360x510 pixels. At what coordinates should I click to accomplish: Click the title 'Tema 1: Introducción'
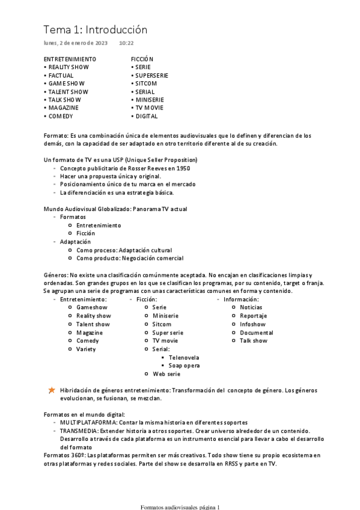(x=95, y=29)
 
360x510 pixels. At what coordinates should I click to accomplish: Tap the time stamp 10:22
(x=126, y=43)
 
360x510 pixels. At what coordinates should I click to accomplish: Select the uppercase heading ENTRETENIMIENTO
(x=70, y=59)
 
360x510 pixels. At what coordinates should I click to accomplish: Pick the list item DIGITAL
(x=147, y=116)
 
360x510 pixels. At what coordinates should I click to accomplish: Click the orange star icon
(x=52, y=390)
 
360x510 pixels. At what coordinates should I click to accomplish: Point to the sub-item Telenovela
(x=185, y=357)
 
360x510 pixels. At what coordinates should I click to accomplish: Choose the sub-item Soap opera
(x=185, y=366)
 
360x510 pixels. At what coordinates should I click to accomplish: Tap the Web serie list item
(x=166, y=374)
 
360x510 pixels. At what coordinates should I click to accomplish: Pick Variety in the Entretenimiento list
(x=86, y=349)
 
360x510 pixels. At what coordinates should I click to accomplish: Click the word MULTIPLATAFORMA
(x=85, y=423)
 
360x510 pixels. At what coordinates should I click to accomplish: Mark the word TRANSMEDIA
(x=79, y=431)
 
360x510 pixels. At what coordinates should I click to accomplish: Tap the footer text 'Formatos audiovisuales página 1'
(x=180, y=506)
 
